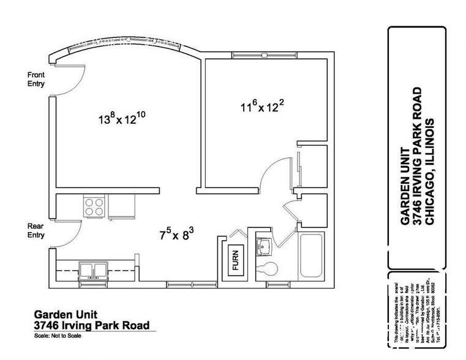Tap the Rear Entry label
point(35,230)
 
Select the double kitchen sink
point(93,270)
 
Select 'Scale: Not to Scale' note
point(58,336)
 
